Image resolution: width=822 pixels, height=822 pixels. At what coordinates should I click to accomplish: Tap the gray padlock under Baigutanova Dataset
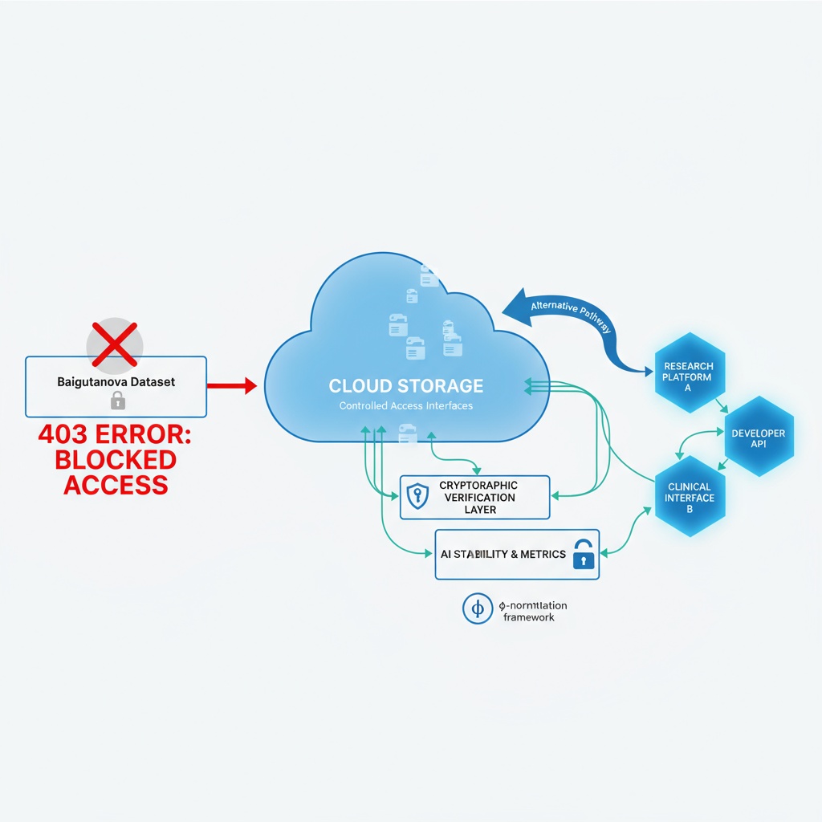[x=117, y=400]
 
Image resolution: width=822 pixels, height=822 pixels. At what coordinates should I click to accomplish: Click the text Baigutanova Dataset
[x=116, y=381]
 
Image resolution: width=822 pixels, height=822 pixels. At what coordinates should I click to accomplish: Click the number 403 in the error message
[x=67, y=436]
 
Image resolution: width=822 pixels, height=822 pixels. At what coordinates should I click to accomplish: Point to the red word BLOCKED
[x=116, y=460]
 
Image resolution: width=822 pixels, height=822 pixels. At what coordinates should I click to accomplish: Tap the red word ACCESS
[x=116, y=484]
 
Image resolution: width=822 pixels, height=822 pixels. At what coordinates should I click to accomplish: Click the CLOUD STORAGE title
[x=406, y=385]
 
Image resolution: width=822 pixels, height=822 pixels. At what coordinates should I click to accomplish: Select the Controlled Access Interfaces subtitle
[x=406, y=406]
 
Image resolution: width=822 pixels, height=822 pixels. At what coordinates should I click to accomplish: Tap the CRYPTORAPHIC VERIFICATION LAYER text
[x=478, y=497]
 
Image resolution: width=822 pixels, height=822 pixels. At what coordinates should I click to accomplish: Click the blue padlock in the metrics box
[x=584, y=555]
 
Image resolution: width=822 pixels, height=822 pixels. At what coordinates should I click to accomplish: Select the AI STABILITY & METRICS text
[x=503, y=554]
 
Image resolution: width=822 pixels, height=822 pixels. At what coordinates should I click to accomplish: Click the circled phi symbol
[x=477, y=609]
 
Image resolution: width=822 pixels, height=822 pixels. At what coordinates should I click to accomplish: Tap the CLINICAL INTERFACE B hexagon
[x=690, y=497]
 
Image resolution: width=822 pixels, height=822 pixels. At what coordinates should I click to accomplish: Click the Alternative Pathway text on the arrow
[x=571, y=316]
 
